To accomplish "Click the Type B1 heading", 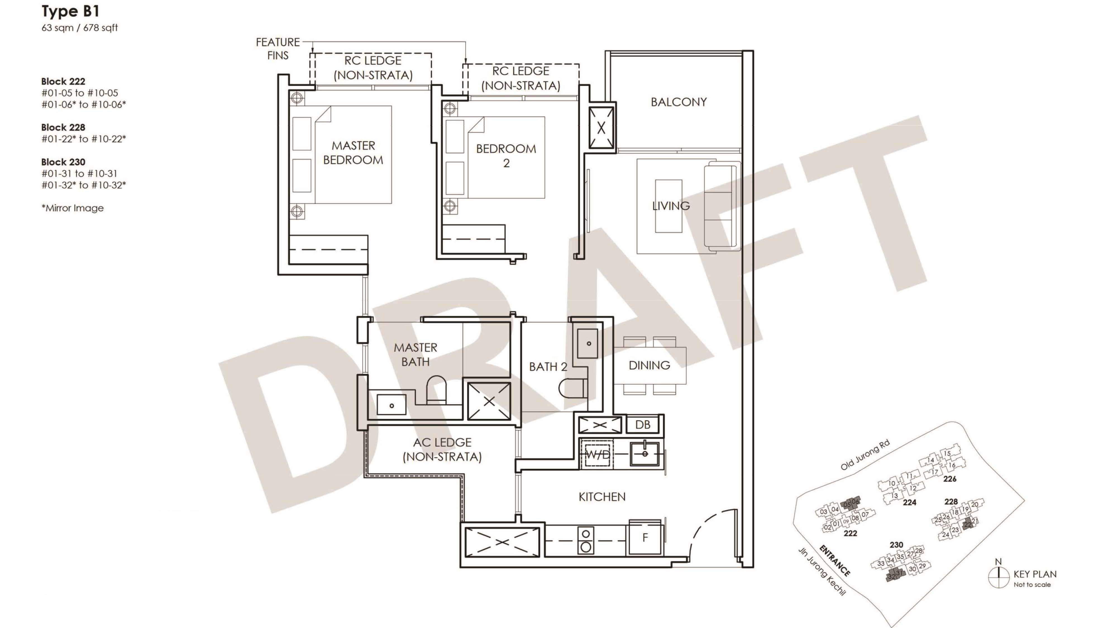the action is pos(70,11).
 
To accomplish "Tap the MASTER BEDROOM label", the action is pos(354,153).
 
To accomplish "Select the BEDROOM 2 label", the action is pos(506,155).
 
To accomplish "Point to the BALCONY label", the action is pos(679,102).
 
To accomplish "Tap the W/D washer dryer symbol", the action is pos(598,454).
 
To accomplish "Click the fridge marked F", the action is pos(645,537).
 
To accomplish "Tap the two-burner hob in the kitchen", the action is pos(585,540).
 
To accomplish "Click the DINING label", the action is pos(649,365).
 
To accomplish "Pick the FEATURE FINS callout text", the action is pos(278,49).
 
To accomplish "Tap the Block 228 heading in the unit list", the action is pos(63,128).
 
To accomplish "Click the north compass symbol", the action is pos(999,576).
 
